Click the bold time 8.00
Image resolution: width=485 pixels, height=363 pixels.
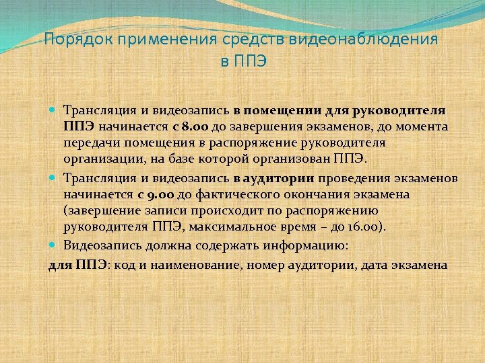pos(191,126)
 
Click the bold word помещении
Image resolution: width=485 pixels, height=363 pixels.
pos(276,110)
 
